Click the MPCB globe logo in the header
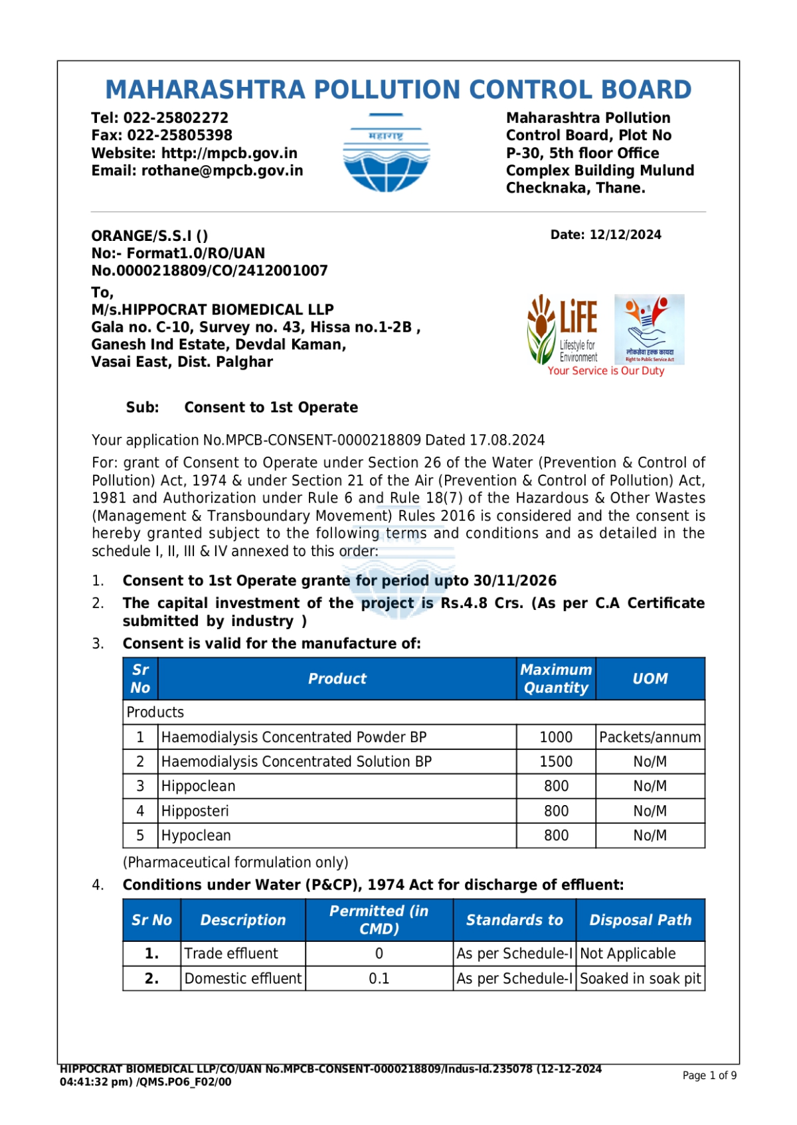[x=386, y=153]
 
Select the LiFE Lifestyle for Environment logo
[x=563, y=329]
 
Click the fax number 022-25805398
[x=179, y=135]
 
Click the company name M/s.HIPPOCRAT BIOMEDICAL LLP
[x=213, y=310]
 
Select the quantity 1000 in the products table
[x=556, y=737]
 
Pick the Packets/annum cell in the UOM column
[x=650, y=737]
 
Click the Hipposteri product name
[x=195, y=811]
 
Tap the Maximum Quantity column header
[x=556, y=679]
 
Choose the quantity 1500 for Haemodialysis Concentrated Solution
[x=556, y=762]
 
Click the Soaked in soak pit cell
[x=640, y=979]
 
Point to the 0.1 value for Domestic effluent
[x=379, y=979]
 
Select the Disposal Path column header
[x=640, y=920]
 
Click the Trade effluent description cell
[x=231, y=954]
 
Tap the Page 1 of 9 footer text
[x=709, y=1075]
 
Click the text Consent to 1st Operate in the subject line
[x=271, y=408]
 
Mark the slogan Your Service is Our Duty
[x=606, y=371]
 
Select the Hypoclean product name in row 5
[x=197, y=836]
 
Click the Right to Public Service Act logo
[x=649, y=329]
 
